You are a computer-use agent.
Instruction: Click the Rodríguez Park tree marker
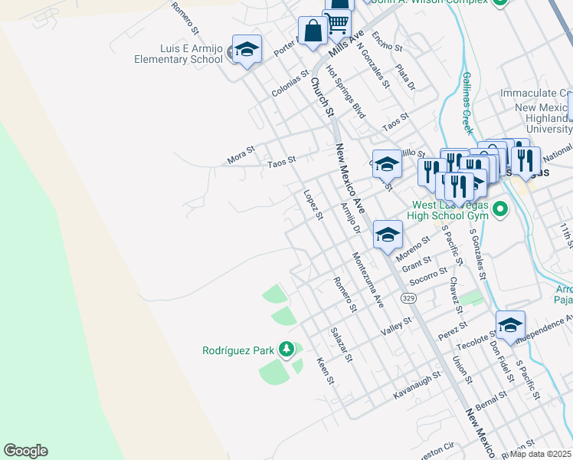tap(286, 350)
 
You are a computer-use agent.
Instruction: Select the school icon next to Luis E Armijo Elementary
tap(247, 51)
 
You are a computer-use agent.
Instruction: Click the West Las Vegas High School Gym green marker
tap(500, 209)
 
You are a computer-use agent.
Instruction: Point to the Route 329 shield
tap(407, 296)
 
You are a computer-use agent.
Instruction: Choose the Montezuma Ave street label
tap(367, 280)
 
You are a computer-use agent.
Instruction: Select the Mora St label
tap(240, 158)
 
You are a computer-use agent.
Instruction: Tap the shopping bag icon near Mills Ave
tap(313, 33)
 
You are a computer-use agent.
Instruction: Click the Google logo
tap(25, 451)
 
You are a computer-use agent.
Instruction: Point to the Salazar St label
tap(342, 344)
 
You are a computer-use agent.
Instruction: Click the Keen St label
tap(326, 370)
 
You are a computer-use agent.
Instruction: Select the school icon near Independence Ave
tap(510, 326)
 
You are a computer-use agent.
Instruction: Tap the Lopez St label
tap(313, 205)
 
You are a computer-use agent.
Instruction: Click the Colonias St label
tap(290, 85)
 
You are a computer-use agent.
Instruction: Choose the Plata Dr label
tap(405, 75)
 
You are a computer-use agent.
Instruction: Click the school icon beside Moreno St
tap(388, 234)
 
